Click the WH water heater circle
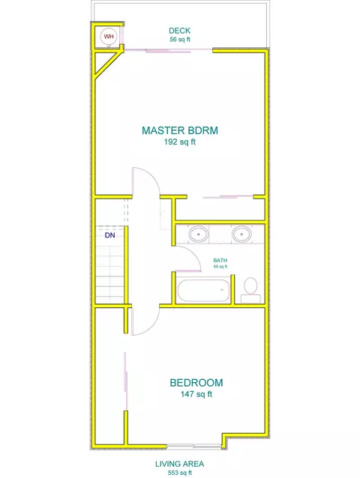click(x=108, y=36)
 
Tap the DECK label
click(x=180, y=31)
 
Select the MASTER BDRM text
click(x=180, y=130)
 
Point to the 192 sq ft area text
click(x=180, y=142)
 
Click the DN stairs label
click(x=109, y=235)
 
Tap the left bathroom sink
click(x=199, y=235)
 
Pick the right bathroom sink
click(x=241, y=235)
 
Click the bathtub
click(x=203, y=290)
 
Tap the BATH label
click(x=220, y=260)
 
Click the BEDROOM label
click(x=196, y=383)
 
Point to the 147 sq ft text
click(x=196, y=394)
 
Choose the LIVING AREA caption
click(x=180, y=464)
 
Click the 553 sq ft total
click(x=180, y=473)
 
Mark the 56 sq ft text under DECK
click(x=180, y=39)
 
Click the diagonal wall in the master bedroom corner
click(x=107, y=64)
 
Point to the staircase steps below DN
click(x=109, y=274)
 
